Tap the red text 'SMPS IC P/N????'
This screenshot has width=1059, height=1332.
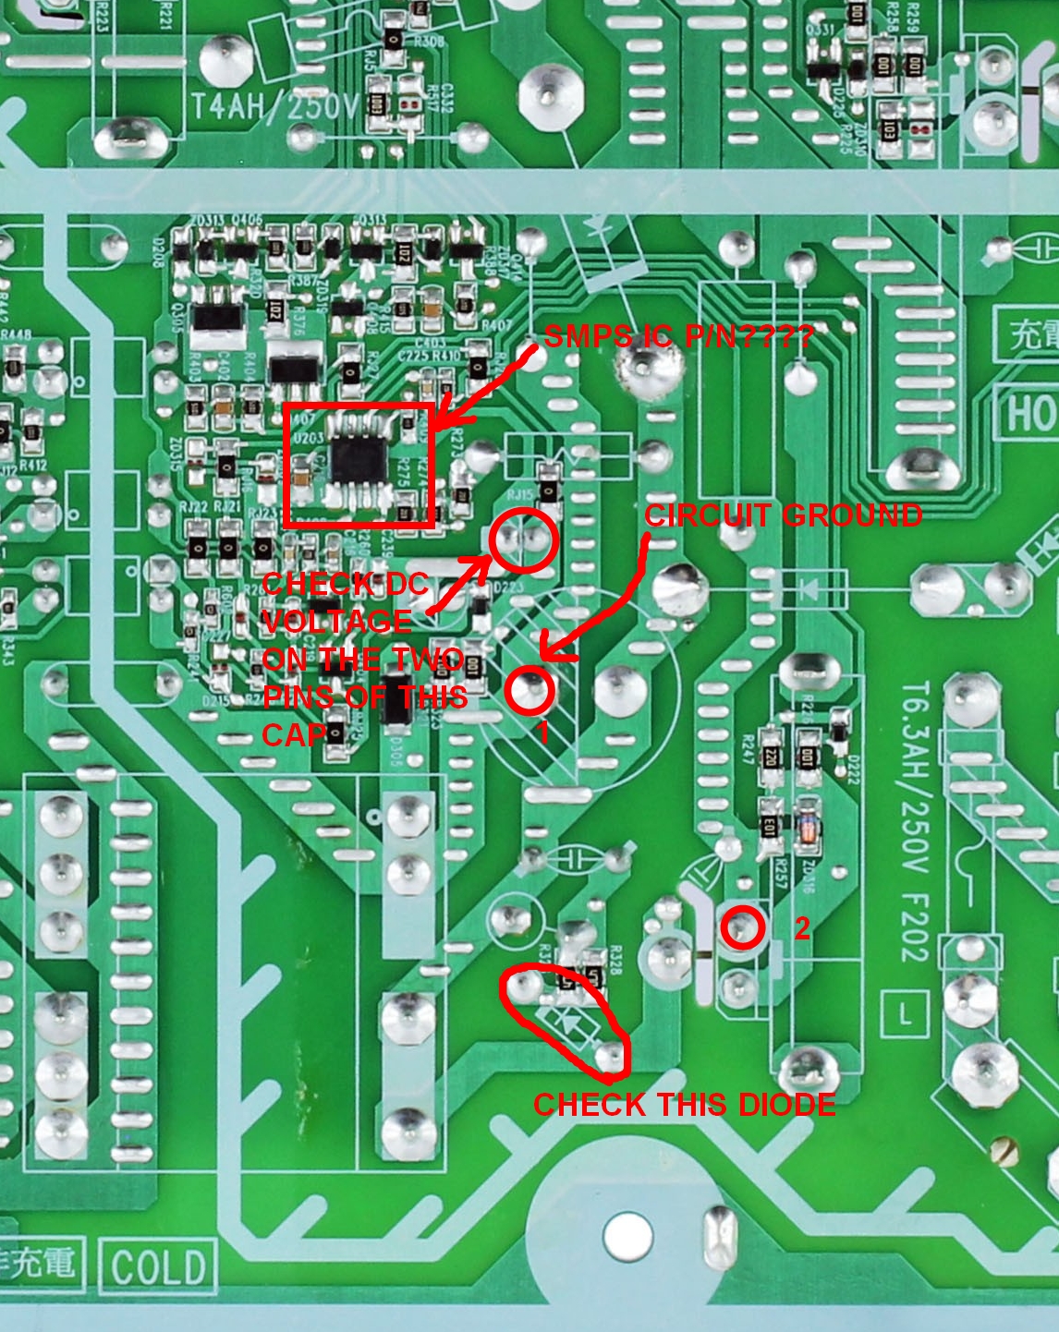pos(678,336)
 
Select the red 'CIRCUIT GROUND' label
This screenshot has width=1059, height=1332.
pos(783,515)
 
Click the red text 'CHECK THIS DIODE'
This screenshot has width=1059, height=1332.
pos(684,1105)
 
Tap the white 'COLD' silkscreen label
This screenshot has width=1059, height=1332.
pos(158,1267)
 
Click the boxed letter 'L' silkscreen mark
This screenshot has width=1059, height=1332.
pos(904,1014)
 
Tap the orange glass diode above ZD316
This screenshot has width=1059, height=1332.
pos(808,828)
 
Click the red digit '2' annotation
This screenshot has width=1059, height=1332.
pos(801,928)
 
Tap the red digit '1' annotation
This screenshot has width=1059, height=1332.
pos(542,732)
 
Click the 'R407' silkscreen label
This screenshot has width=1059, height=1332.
pos(496,325)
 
